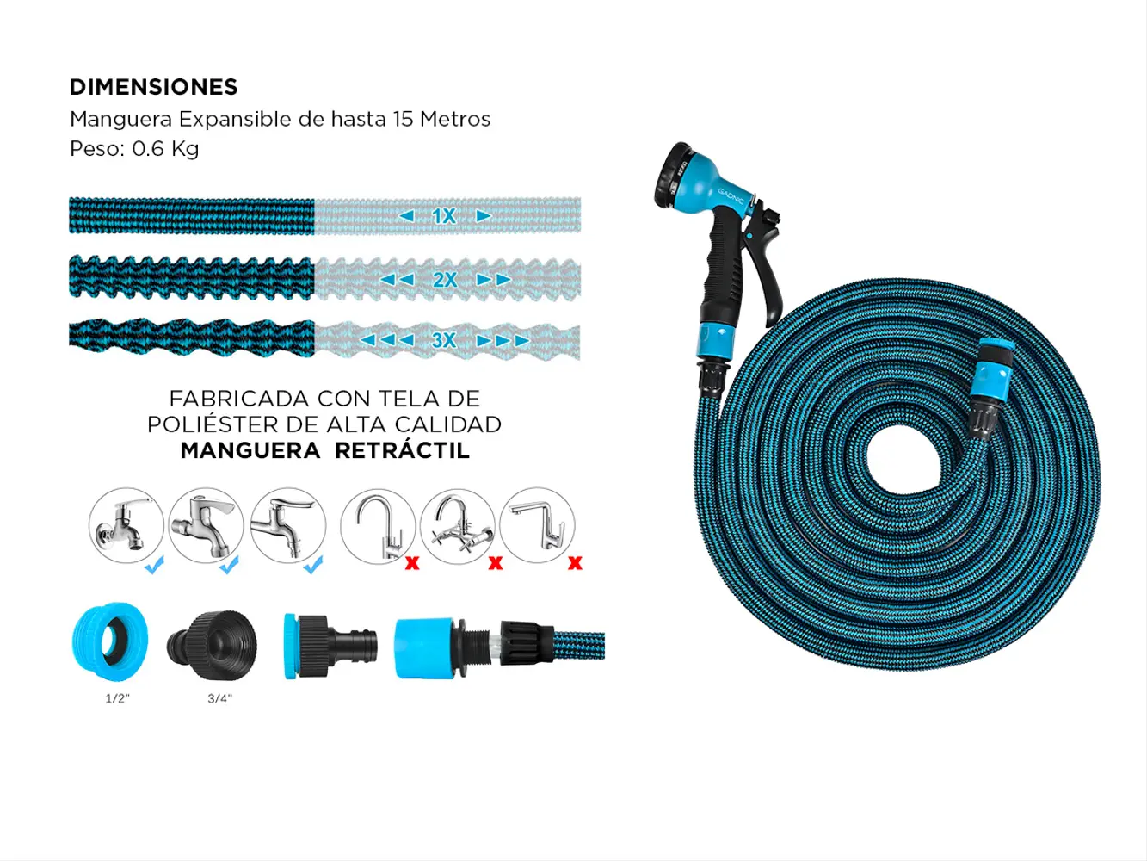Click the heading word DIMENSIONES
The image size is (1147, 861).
click(154, 87)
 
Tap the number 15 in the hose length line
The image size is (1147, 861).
click(404, 119)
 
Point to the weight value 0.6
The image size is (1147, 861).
click(147, 149)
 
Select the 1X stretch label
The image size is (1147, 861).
click(444, 216)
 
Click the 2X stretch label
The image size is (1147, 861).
click(445, 280)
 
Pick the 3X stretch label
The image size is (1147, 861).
click(444, 340)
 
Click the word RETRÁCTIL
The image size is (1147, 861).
click(402, 450)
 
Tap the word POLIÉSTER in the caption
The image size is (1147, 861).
click(213, 424)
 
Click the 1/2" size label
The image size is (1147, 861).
click(118, 698)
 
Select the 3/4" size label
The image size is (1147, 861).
click(220, 698)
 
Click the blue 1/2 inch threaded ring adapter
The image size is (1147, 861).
click(110, 641)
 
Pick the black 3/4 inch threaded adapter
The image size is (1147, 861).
click(213, 646)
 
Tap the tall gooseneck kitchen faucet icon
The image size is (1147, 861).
click(378, 526)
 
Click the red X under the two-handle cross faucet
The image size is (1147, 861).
click(496, 563)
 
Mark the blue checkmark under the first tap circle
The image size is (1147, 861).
click(154, 565)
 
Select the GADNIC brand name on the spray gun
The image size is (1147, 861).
click(731, 198)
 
